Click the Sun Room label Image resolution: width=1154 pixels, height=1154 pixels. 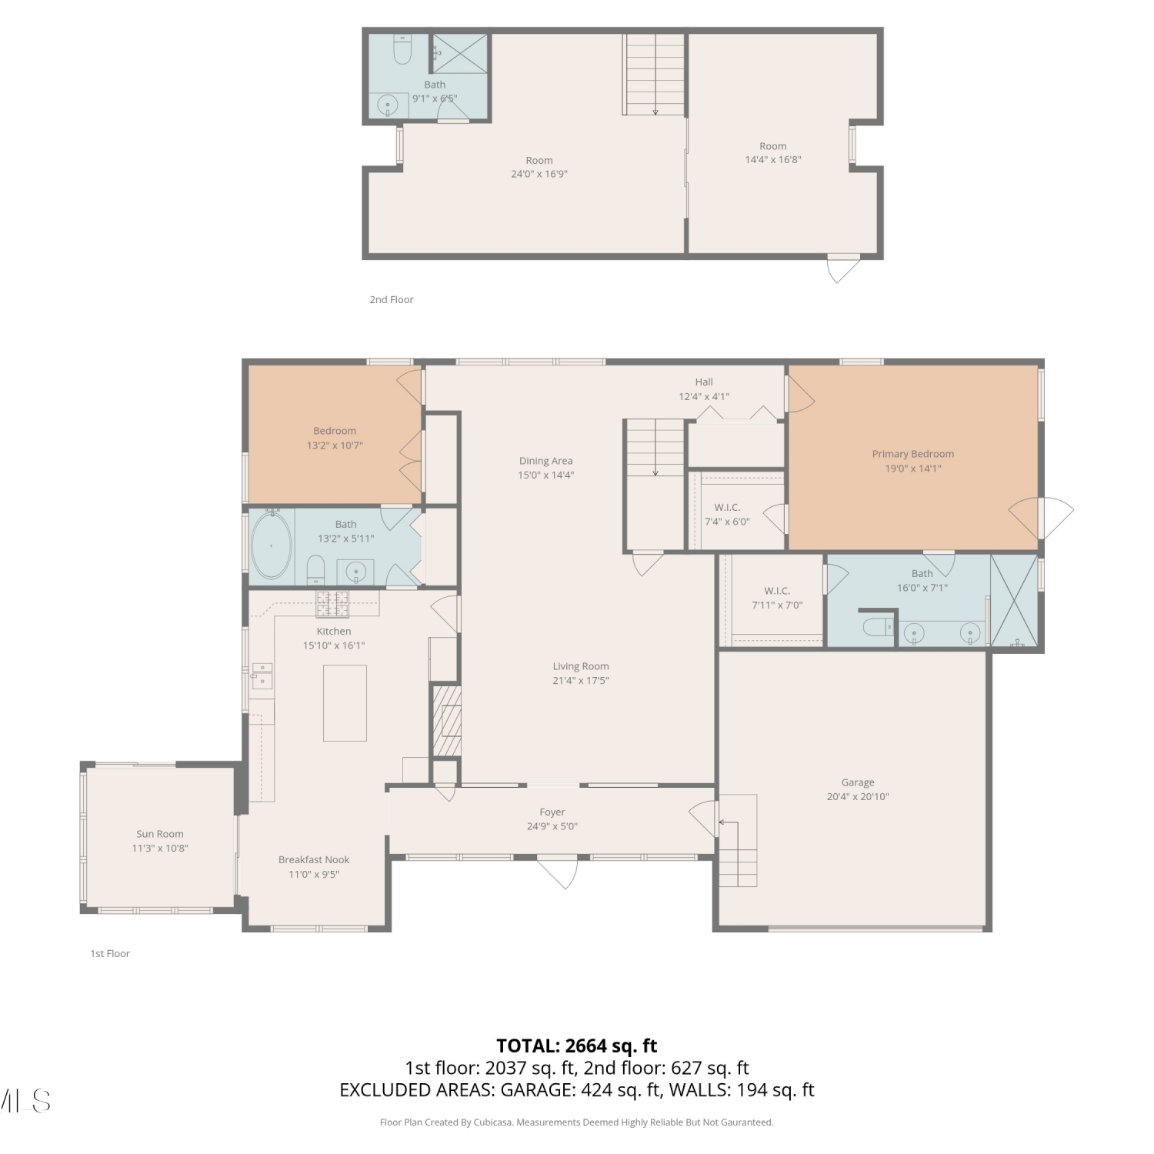[x=160, y=834]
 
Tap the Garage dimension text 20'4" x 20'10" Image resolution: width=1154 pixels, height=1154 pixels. [x=858, y=797]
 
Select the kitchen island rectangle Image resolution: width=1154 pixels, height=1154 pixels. [x=345, y=703]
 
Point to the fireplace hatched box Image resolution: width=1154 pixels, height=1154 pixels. [x=446, y=721]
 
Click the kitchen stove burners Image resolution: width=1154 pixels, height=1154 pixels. [x=332, y=604]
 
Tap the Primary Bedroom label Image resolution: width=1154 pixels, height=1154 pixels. [x=913, y=454]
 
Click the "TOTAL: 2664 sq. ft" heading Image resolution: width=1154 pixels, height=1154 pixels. [x=577, y=1046]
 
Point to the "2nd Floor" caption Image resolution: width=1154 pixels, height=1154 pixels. [x=392, y=300]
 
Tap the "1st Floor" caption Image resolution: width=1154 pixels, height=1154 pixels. [x=110, y=954]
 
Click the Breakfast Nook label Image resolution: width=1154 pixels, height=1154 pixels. [x=314, y=860]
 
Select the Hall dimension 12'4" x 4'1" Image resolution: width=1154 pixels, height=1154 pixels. [x=704, y=397]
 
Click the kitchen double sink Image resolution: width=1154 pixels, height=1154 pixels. [x=262, y=675]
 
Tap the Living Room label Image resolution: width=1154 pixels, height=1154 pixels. [x=581, y=666]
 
